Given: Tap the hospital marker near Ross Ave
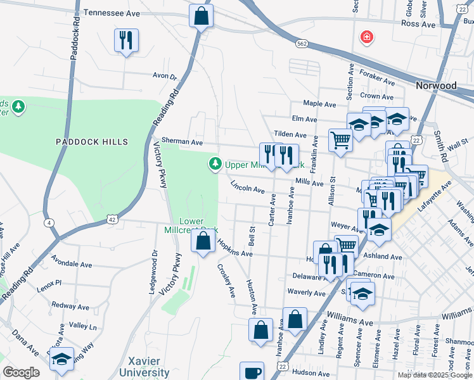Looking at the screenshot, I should tap(366, 38).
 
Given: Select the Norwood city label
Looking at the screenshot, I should tap(435, 85).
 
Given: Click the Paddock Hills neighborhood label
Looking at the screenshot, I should tap(91, 142).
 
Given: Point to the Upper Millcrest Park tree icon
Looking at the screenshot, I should tap(215, 165).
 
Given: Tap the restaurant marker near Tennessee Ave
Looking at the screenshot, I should tap(125, 41).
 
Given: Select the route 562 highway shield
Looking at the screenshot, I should tap(302, 44).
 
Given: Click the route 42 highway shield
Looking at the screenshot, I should tap(112, 219).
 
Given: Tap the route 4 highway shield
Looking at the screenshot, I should tap(48, 223).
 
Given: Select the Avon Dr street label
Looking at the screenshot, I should tap(164, 76).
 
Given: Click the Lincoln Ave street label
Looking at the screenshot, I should tap(247, 187).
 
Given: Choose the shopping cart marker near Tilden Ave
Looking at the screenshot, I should tap(341, 140).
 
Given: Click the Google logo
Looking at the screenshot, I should tap(21, 372).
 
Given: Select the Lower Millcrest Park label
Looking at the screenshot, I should tap(200, 225).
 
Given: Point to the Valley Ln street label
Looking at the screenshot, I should tap(83, 326).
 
